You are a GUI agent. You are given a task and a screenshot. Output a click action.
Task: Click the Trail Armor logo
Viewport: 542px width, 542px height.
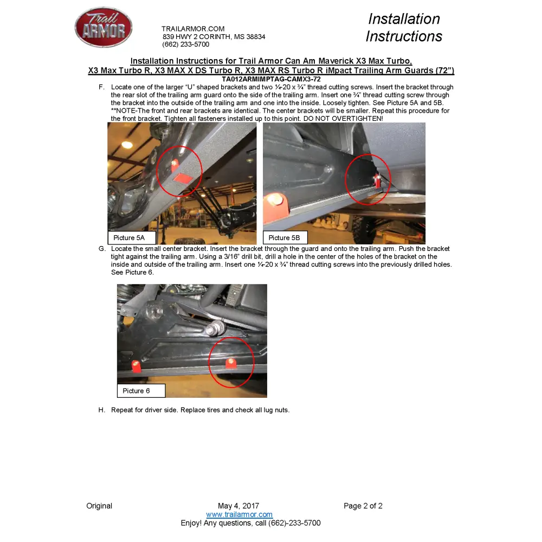[x=103, y=28]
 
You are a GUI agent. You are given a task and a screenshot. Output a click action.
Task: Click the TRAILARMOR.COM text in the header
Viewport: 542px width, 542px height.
[x=193, y=29]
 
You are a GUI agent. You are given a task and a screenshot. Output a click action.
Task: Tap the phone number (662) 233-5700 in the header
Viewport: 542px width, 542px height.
[x=186, y=44]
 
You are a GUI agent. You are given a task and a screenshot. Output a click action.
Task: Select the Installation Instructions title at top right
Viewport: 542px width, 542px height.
[x=404, y=28]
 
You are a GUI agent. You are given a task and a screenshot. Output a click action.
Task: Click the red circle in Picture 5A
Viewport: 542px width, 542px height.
[x=179, y=171]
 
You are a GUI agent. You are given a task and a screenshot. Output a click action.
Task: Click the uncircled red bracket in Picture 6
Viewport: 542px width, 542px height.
[x=136, y=366]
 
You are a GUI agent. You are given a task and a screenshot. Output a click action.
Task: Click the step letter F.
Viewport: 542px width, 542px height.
[x=101, y=87]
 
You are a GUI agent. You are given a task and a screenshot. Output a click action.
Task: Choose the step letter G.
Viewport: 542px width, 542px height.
[x=102, y=249]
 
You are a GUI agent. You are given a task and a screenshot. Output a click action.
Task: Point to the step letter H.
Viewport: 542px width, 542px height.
[x=102, y=410]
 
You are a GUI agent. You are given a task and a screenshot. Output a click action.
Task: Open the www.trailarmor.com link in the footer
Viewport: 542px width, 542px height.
[x=239, y=514]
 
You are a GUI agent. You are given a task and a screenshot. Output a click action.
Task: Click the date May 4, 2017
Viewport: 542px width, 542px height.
[x=238, y=506]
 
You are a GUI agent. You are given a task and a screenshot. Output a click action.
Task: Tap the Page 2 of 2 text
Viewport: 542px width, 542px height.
[x=363, y=506]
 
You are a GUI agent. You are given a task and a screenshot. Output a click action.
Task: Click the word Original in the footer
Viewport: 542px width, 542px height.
[x=99, y=506]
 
